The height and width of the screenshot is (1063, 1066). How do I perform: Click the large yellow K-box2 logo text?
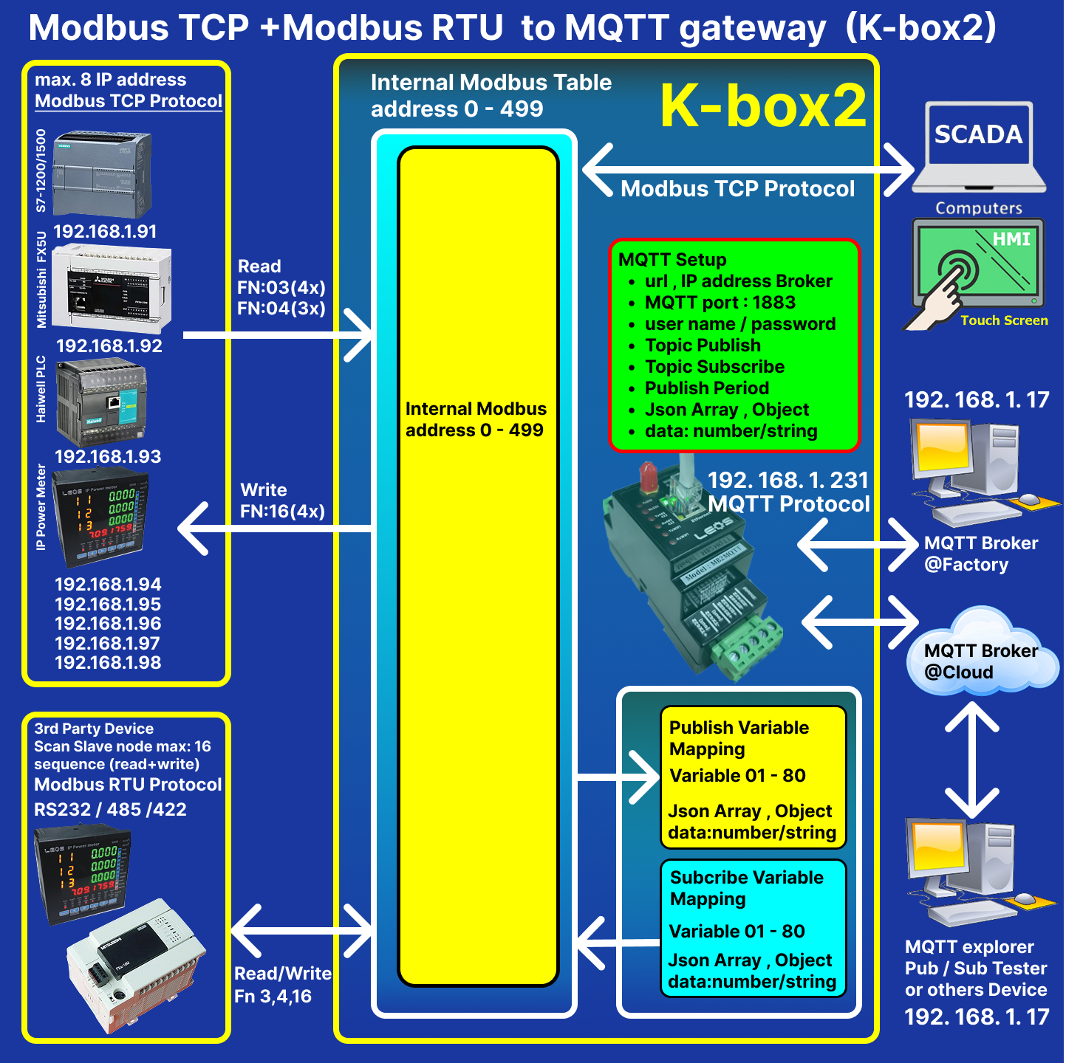pyautogui.click(x=763, y=106)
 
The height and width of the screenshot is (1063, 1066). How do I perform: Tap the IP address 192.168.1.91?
pyautogui.click(x=105, y=231)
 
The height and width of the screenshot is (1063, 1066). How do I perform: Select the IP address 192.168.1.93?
pyautogui.click(x=108, y=456)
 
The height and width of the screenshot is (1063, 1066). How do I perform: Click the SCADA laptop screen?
pyautogui.click(x=979, y=134)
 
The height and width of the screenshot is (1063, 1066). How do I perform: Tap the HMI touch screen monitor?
pyautogui.click(x=979, y=264)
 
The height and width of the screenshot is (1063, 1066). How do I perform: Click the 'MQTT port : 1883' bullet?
pyautogui.click(x=720, y=303)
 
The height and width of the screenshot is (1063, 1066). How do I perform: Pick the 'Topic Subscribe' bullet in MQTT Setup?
pyautogui.click(x=714, y=367)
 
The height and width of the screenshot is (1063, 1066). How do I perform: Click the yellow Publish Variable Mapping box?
pyautogui.click(x=752, y=777)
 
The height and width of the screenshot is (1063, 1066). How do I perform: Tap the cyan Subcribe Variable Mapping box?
pyautogui.click(x=752, y=928)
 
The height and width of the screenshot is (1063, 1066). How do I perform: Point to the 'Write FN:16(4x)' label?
pyautogui.click(x=282, y=500)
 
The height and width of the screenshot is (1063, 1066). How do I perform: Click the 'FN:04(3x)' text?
pyautogui.click(x=281, y=309)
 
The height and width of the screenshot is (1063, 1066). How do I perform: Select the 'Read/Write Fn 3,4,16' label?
pyautogui.click(x=283, y=985)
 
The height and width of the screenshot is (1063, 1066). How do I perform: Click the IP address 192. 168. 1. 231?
pyautogui.click(x=787, y=481)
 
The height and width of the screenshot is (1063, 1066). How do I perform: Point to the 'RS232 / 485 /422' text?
pyautogui.click(x=110, y=810)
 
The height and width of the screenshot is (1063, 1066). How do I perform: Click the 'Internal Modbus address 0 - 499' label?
pyautogui.click(x=476, y=419)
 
